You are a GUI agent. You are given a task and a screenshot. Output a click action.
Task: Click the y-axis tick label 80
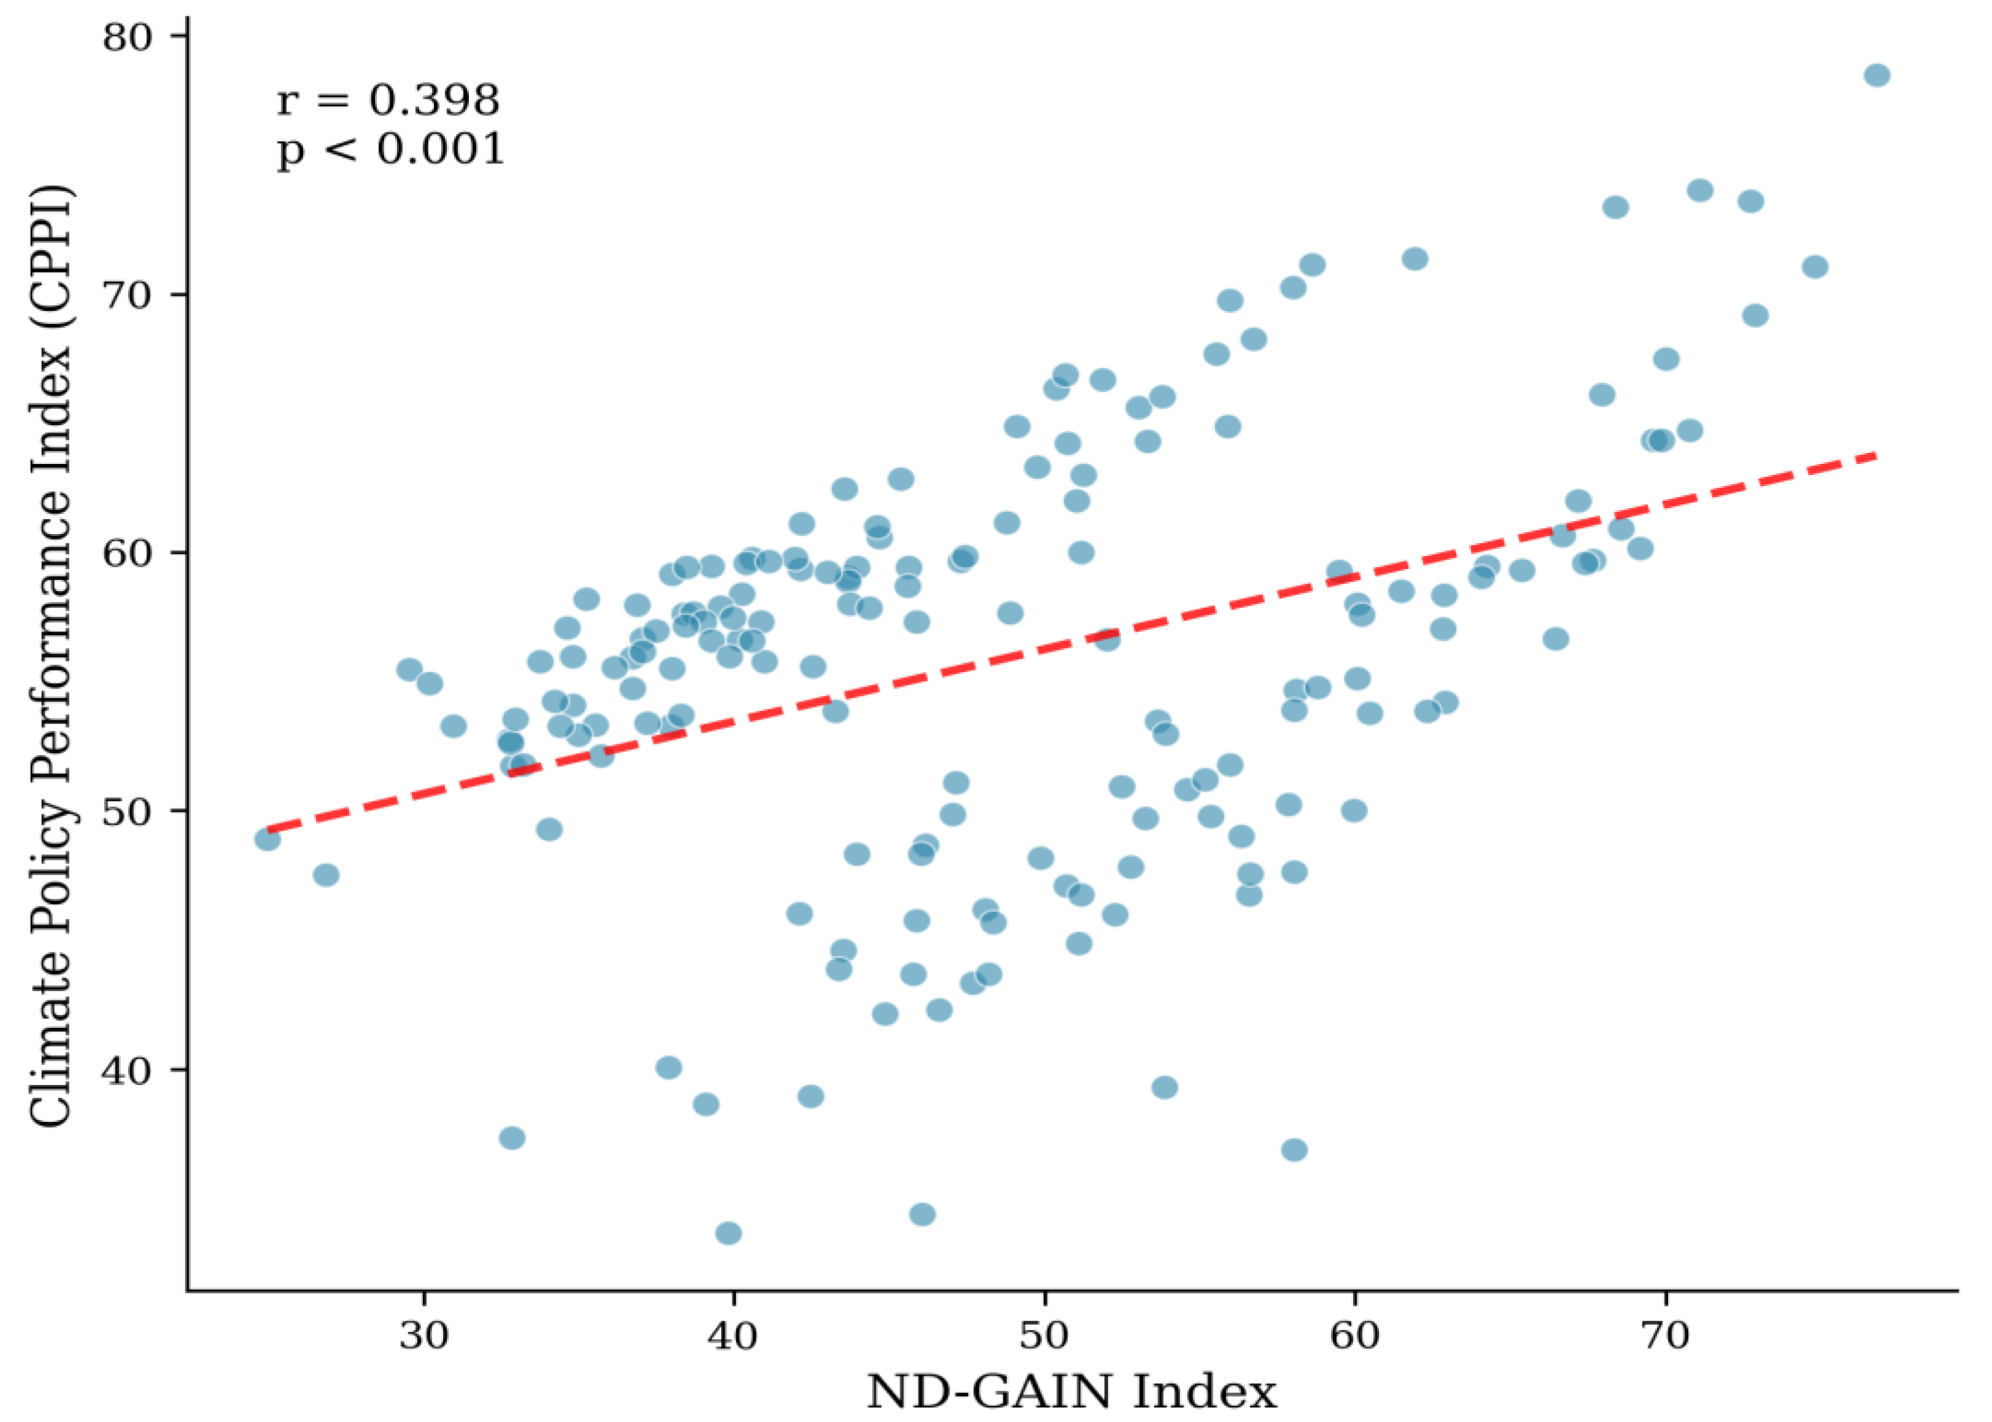pyautogui.click(x=129, y=37)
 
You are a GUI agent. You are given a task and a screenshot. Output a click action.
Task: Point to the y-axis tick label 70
pyautogui.click(x=129, y=295)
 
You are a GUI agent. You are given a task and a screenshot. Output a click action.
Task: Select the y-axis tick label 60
pyautogui.click(x=129, y=554)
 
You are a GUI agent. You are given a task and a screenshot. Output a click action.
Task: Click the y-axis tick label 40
pyautogui.click(x=129, y=1070)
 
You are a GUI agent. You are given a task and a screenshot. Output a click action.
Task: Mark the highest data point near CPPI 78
pyautogui.click(x=1877, y=75)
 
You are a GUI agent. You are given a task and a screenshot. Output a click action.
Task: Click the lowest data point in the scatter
pyautogui.click(x=728, y=1234)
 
